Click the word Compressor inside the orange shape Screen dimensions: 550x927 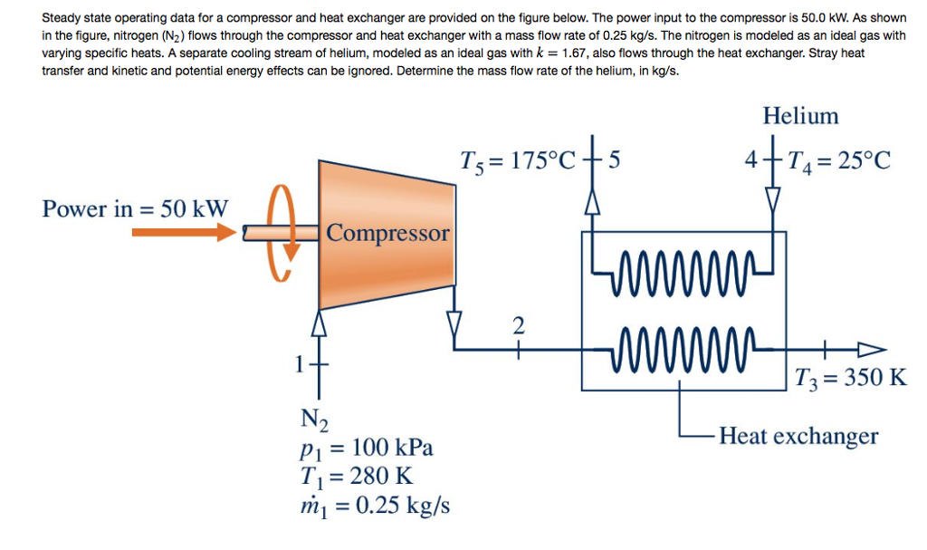click(387, 233)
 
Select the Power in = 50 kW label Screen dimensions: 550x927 click(136, 208)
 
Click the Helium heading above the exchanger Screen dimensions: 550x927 click(800, 116)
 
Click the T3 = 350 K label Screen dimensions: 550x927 click(850, 377)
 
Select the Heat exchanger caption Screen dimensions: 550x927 click(798, 437)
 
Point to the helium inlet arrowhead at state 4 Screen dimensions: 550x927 click(772, 197)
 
